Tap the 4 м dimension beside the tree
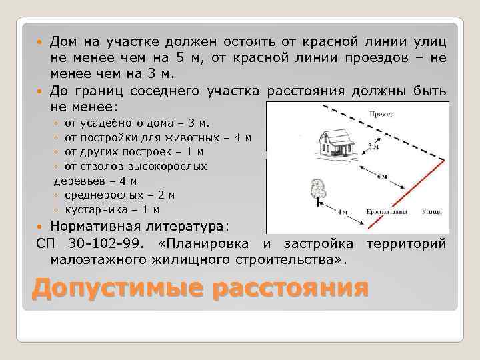[x=343, y=213]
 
